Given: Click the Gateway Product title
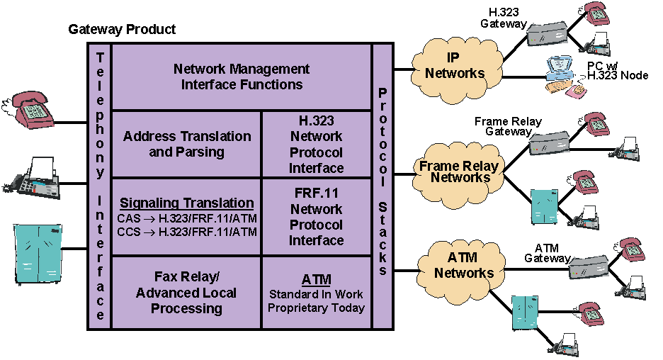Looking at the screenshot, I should pos(122,30).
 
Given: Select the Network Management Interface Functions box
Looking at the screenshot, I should pos(242,77).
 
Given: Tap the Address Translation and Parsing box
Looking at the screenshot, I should pos(187,143).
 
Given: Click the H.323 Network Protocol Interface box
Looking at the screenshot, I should pos(317,144).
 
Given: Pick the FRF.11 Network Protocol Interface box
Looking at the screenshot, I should pos(317,217).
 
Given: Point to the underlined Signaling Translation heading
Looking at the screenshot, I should pos(187,203).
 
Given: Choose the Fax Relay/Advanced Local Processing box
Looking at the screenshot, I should pos(187,293).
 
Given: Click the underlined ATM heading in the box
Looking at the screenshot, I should pos(317,279).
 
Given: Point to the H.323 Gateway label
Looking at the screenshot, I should pos(504,18).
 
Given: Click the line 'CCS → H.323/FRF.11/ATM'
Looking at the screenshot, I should pos(186,232).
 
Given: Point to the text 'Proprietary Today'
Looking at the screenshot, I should pos(317,308).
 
